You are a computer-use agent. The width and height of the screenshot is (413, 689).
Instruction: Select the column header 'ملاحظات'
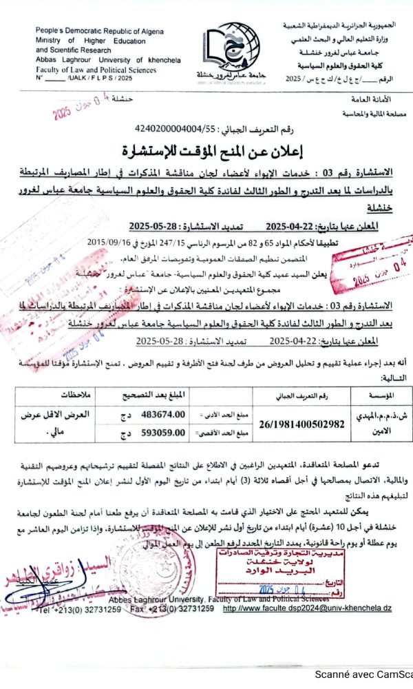(62, 396)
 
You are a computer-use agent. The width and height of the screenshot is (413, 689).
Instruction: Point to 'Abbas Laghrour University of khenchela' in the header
(108, 60)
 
